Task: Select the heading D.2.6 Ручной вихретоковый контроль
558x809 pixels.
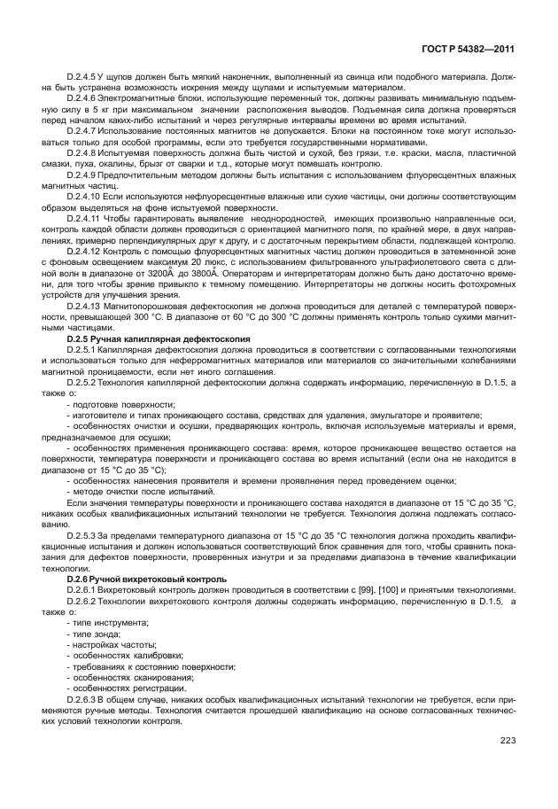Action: pos(139,579)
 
